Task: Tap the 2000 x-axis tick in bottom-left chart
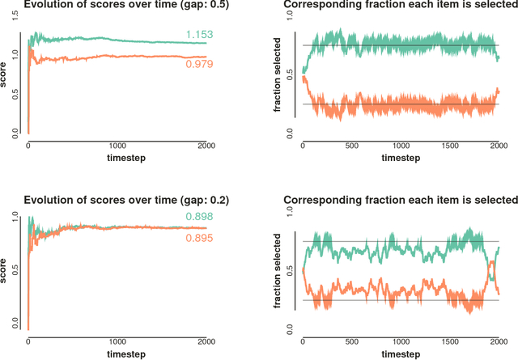206,341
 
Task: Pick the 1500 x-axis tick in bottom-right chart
451,341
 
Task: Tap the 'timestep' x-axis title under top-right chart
401,159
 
